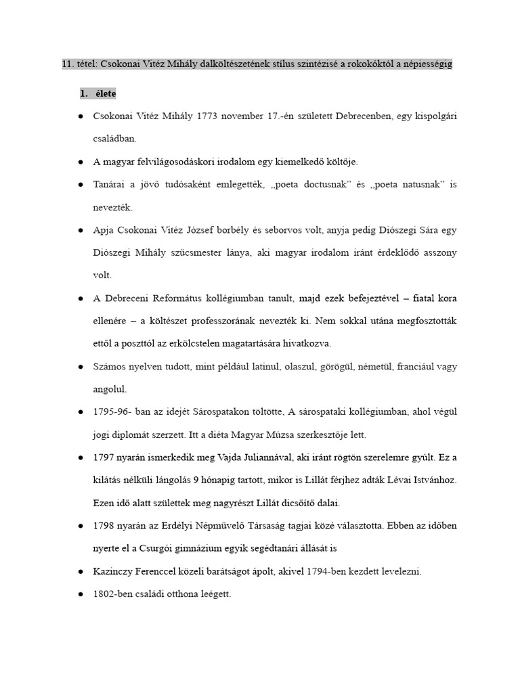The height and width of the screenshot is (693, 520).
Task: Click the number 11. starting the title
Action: point(68,64)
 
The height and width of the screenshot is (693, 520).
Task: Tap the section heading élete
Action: point(106,93)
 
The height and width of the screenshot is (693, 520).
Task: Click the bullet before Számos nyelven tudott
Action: point(81,367)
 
